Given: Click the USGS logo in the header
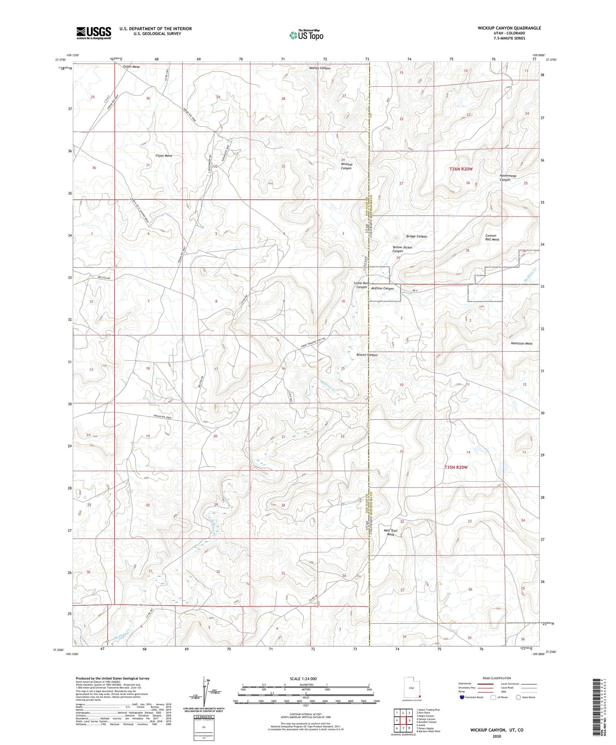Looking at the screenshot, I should [x=94, y=33].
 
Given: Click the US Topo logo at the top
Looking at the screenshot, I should [x=306, y=35].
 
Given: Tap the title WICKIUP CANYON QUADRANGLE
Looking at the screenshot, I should [x=509, y=28].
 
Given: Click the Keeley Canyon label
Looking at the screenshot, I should [x=319, y=68].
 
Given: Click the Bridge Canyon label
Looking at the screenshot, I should [x=416, y=236].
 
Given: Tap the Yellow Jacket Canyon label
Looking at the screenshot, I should [x=402, y=249].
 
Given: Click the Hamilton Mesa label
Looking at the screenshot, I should [x=521, y=343].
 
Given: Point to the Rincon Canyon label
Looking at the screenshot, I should [x=367, y=355].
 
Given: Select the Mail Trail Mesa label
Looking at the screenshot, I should [x=391, y=532].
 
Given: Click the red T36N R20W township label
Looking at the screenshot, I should [x=461, y=169].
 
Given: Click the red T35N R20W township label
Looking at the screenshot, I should [x=456, y=467].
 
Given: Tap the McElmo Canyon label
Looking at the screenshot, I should [x=382, y=288].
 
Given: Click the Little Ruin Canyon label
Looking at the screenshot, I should [x=362, y=285].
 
